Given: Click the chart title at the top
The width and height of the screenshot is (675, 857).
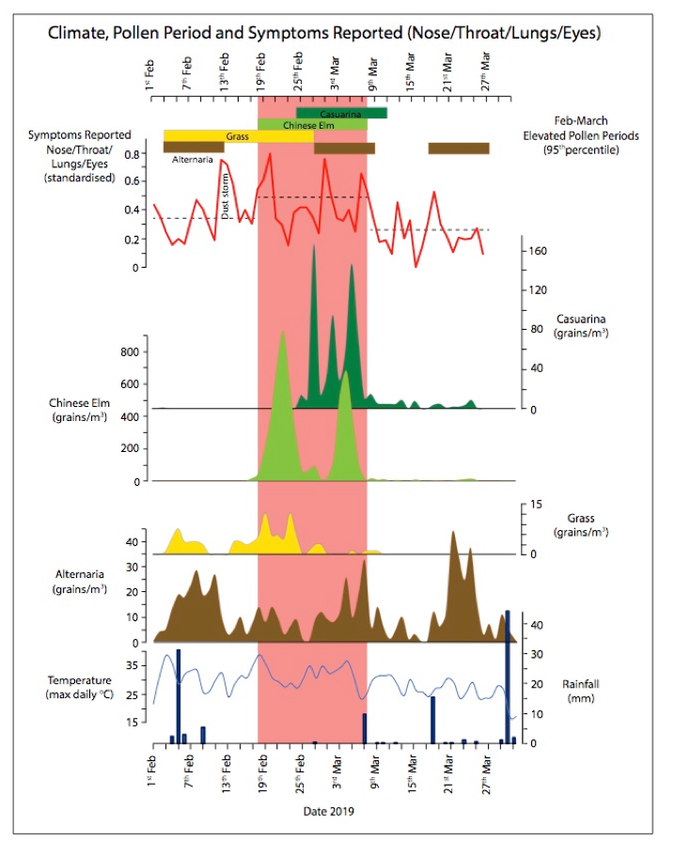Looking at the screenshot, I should pos(324,33).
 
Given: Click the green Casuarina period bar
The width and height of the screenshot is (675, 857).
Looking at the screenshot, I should pos(341,114).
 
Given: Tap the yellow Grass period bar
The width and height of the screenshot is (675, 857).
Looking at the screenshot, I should pos(238,136).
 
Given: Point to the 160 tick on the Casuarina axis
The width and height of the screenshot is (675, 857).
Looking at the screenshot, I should pos(542,251).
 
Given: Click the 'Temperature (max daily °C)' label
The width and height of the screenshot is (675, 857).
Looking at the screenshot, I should pos(80,687).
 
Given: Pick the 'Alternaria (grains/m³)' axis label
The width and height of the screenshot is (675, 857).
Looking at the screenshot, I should pos(77,580).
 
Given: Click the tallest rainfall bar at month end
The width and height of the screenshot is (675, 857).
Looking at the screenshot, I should pos(508,677).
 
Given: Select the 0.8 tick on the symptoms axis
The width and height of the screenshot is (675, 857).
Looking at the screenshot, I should pos(133,152).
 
